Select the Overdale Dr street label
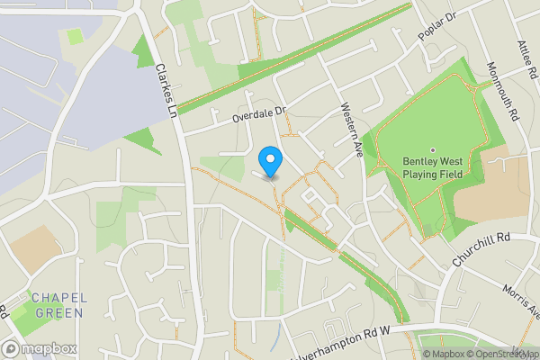pyautogui.click(x=257, y=113)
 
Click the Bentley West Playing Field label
pyautogui.click(x=432, y=167)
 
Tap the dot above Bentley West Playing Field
pyautogui.click(x=432, y=150)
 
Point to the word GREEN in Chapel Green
pyautogui.click(x=59, y=312)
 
